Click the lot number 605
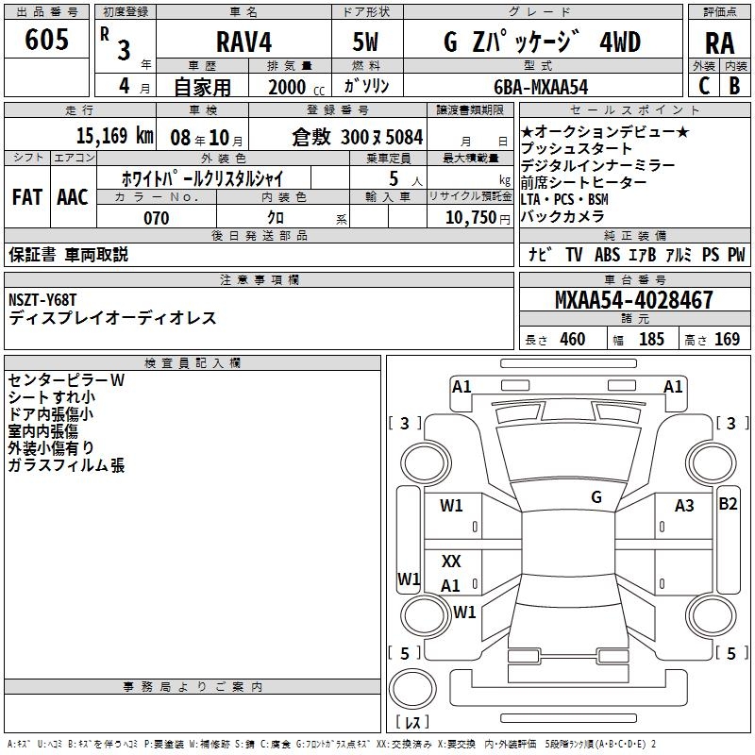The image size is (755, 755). tap(47, 41)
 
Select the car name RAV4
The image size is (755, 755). tap(244, 42)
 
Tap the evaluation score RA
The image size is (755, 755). tap(719, 43)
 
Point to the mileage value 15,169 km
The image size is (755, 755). tap(102, 136)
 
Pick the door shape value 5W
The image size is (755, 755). tap(365, 42)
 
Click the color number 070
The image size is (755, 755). tap(157, 218)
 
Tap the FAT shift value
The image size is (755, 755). tap(26, 196)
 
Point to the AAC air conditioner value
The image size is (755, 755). tap(72, 196)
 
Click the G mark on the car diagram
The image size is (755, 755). tap(596, 497)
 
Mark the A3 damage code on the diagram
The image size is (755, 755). tap(684, 506)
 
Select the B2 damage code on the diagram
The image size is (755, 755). tap(728, 504)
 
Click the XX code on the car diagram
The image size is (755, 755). tap(451, 562)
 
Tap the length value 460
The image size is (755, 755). tap(572, 340)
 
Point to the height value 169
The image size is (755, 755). tap(727, 340)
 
